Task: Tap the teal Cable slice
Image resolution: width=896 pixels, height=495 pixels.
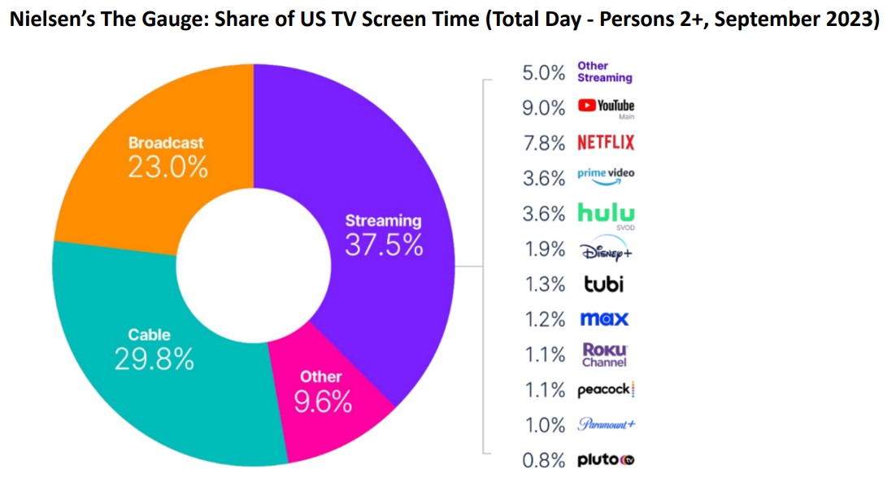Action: [163, 382]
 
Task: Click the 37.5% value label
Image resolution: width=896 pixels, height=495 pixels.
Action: [384, 245]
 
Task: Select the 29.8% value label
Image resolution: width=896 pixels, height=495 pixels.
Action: [154, 358]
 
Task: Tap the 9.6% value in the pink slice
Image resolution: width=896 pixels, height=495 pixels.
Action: [323, 401]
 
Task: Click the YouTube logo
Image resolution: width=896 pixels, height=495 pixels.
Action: [605, 106]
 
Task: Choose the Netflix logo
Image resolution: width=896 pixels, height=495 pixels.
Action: [605, 143]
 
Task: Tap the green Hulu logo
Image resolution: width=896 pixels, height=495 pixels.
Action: [605, 213]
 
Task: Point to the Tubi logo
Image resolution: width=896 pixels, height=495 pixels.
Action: [601, 284]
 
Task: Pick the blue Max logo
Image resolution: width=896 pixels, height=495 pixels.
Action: [603, 319]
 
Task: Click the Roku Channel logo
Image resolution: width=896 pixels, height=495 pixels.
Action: [604, 354]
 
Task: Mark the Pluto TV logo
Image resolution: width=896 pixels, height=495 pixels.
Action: [605, 460]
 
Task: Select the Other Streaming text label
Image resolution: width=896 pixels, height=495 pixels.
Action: [604, 72]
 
